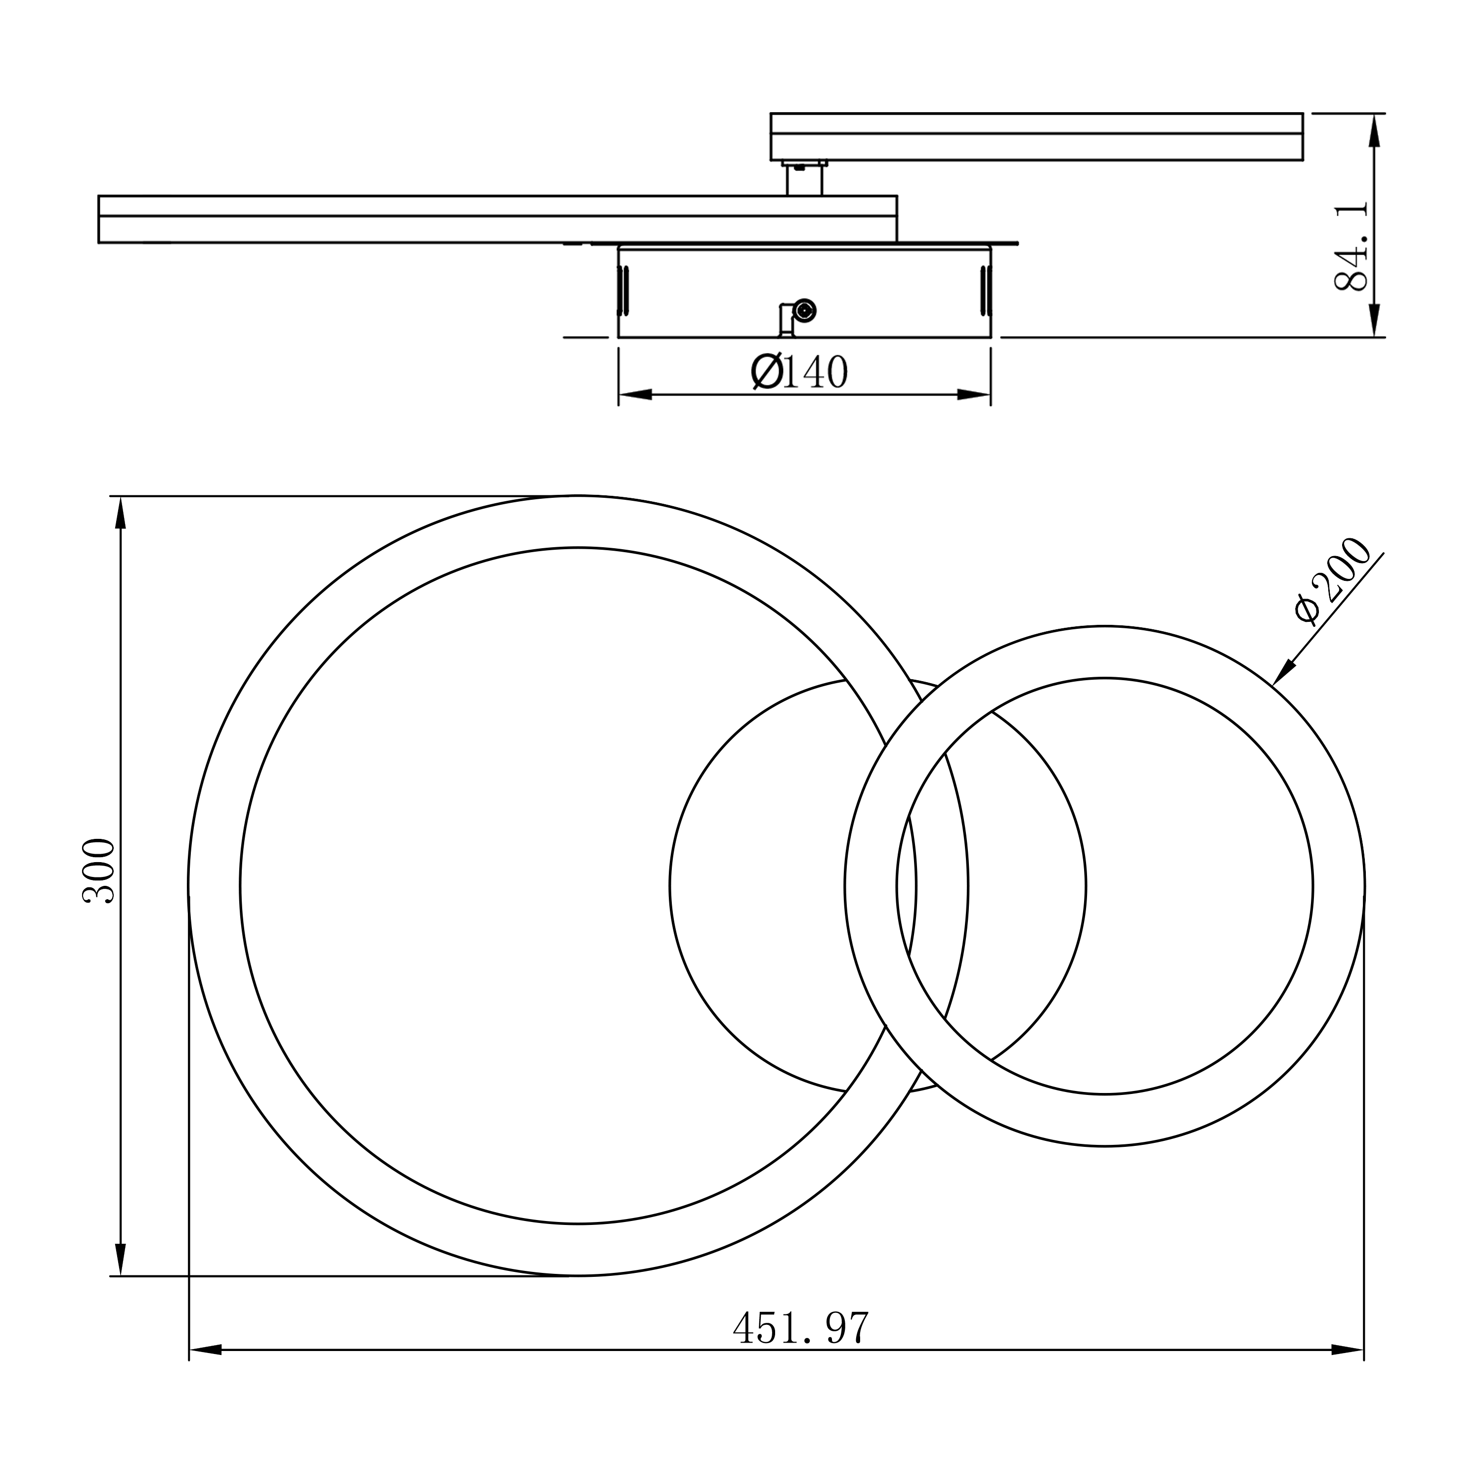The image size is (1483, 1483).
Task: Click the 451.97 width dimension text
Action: [x=801, y=1327]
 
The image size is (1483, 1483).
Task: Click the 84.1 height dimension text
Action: [x=1351, y=246]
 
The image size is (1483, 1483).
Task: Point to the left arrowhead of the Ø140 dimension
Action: [x=636, y=394]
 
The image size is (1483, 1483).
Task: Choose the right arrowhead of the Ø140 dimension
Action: [x=973, y=394]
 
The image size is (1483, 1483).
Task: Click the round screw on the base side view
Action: [x=804, y=310]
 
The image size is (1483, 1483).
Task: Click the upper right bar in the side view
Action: [x=1036, y=136]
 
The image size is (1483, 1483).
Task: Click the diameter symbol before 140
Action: [x=766, y=372]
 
